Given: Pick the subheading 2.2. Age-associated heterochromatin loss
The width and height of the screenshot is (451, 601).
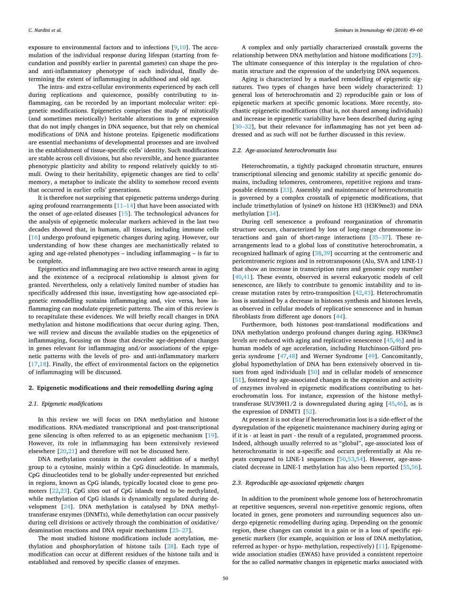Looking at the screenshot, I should coord(284,150).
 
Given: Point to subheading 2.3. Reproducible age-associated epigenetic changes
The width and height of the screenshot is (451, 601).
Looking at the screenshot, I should coord(298,483).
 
